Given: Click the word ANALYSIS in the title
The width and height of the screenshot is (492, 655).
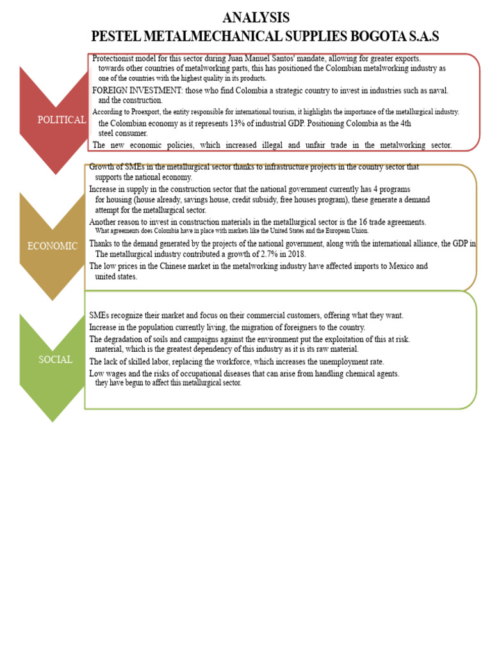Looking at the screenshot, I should (255, 17).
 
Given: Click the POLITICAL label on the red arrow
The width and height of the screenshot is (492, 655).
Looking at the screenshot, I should (61, 120).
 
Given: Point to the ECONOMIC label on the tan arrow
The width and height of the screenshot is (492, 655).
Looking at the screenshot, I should (53, 246).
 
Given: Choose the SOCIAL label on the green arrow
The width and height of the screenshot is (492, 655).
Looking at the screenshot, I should (55, 359).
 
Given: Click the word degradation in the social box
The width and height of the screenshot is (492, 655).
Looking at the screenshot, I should (127, 339).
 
